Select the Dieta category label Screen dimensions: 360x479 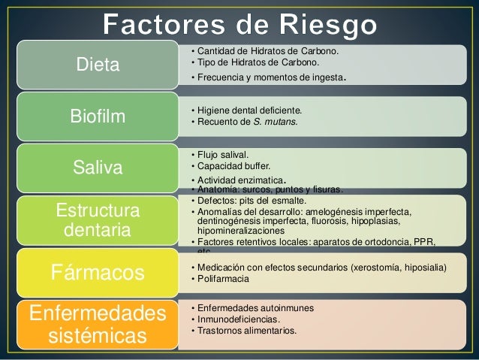98,65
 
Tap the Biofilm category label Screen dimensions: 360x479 98,116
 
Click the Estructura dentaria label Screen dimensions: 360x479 98,219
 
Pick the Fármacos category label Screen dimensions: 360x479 98,271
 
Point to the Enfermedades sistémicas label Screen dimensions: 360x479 98,322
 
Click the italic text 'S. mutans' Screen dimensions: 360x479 278,122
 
